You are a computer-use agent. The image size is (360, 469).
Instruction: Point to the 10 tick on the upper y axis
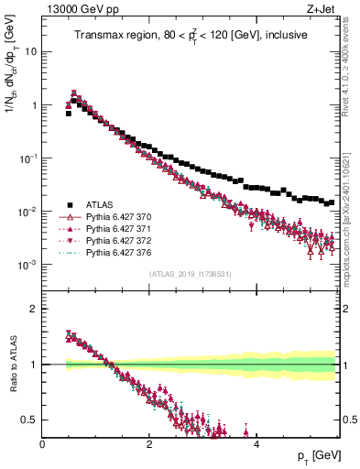[x=32, y=51]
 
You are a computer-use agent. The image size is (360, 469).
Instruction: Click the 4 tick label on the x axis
[x=256, y=443]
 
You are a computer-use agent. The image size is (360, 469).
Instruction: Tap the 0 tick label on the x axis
[x=43, y=443]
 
